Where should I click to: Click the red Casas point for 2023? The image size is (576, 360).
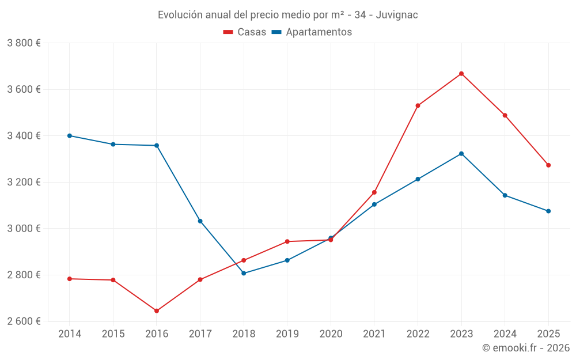(461, 74)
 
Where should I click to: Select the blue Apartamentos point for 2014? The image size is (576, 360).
(69, 136)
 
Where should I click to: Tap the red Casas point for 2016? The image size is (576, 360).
(157, 311)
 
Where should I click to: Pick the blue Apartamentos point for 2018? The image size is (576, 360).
(244, 273)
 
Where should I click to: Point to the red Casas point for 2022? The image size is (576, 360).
(418, 105)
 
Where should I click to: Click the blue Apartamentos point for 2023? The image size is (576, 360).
(461, 154)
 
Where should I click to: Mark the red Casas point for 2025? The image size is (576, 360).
(548, 165)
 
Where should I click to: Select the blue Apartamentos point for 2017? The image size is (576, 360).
(200, 221)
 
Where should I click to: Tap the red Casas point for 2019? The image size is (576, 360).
(287, 241)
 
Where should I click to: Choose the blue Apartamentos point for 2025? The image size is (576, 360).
(548, 211)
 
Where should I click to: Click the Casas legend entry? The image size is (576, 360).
(245, 32)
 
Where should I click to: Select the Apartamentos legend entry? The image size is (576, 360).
(312, 32)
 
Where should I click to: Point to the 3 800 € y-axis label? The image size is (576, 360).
(24, 43)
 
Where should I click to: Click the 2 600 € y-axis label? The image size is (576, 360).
(24, 321)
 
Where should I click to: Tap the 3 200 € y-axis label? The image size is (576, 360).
(24, 183)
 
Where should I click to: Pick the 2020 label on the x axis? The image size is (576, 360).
(331, 334)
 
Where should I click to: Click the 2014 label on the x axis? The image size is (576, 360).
(69, 334)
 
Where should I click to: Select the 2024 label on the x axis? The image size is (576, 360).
(505, 334)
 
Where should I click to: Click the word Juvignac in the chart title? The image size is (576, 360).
(397, 14)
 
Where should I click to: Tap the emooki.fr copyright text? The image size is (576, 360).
(526, 348)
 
